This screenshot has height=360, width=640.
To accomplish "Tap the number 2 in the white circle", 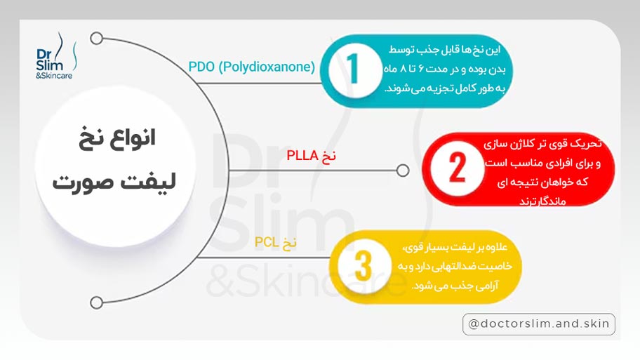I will [x=456, y=169].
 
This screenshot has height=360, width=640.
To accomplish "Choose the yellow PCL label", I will [x=276, y=243].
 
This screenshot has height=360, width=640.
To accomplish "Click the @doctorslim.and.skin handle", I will [x=538, y=324].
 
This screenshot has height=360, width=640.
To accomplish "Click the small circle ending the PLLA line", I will [x=402, y=169].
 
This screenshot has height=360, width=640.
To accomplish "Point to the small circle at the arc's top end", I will [x=96, y=39].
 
